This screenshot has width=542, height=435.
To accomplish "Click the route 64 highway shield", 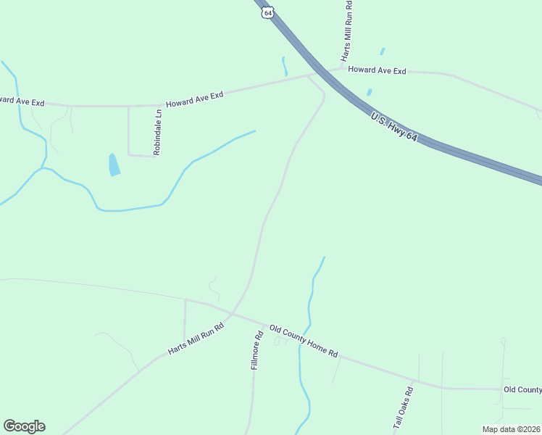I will click(268, 13).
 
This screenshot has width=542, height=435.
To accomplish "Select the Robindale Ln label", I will click(157, 132).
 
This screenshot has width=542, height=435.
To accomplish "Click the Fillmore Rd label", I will click(256, 351).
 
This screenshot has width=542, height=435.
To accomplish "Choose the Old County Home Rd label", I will click(304, 341).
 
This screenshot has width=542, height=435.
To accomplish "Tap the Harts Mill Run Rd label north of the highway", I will click(348, 31).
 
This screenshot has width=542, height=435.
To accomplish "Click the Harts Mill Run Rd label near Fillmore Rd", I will click(196, 339).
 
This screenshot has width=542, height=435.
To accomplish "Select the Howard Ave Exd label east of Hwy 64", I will click(377, 70).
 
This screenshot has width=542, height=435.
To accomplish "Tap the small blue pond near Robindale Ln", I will click(114, 165).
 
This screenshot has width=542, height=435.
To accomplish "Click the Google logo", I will click(24, 426).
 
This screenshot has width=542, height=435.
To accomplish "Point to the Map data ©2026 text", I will click(510, 428).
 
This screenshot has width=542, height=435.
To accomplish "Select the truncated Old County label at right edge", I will click(522, 390).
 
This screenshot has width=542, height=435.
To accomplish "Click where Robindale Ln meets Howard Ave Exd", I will click(129, 106).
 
